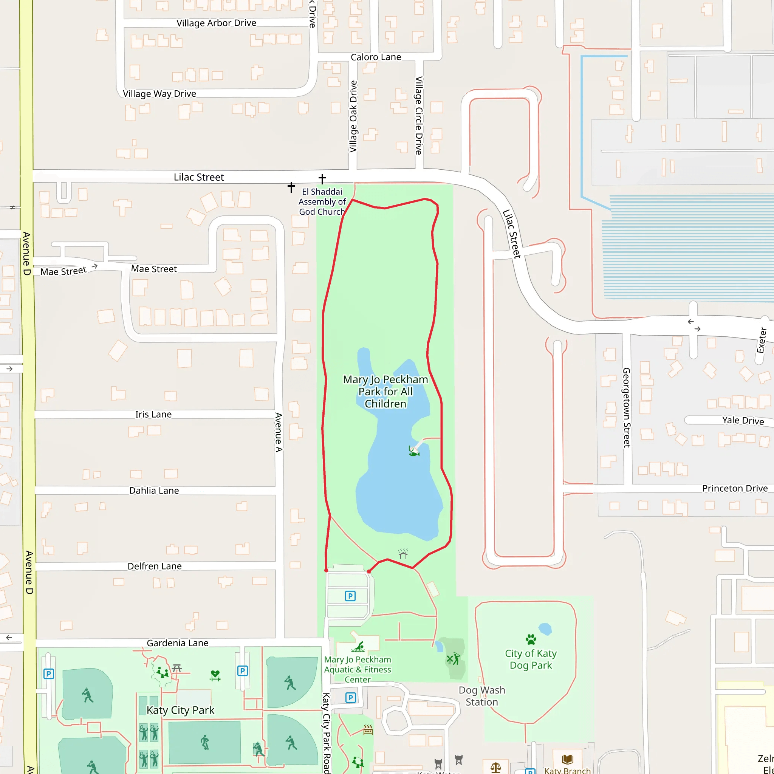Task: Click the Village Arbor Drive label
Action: click(x=216, y=23)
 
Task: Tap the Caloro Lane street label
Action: click(x=375, y=57)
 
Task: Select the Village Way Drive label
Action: click(x=159, y=94)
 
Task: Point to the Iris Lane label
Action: click(x=153, y=414)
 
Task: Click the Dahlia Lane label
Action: click(x=154, y=490)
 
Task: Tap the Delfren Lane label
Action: click(x=154, y=566)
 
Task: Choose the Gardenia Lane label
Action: click(x=178, y=643)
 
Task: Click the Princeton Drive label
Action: click(x=735, y=488)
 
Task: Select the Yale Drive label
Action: click(x=743, y=420)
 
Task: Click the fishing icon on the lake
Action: click(x=414, y=451)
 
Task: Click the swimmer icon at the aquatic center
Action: click(x=358, y=647)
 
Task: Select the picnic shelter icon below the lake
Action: click(x=403, y=554)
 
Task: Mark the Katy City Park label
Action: click(x=180, y=710)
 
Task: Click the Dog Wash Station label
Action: click(x=481, y=696)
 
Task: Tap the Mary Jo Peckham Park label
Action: click(x=385, y=392)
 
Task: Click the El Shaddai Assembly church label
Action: click(x=322, y=201)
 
